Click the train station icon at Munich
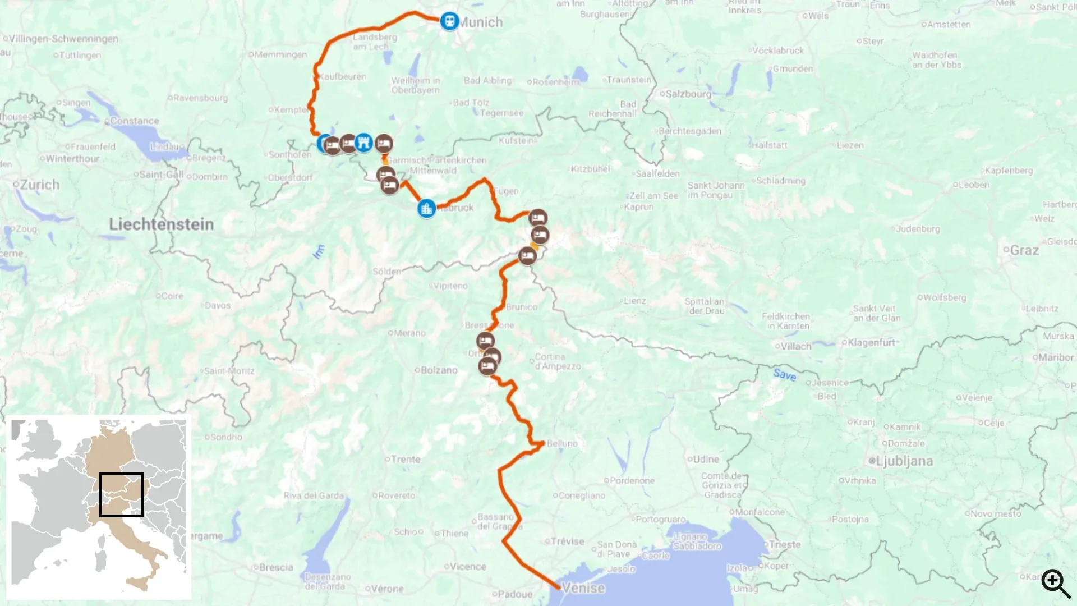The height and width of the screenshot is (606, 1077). click(449, 21)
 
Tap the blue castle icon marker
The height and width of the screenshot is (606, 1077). click(364, 143)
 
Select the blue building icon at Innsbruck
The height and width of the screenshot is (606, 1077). click(427, 209)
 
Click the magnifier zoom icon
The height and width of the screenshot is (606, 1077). click(1055, 583)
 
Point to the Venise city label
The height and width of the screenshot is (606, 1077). click(583, 588)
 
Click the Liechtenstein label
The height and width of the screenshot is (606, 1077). click(162, 224)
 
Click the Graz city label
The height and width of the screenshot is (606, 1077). click(1024, 250)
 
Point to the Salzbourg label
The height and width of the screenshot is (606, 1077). click(688, 94)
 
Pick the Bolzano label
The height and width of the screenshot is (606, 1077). click(439, 370)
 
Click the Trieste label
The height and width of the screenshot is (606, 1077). click(785, 544)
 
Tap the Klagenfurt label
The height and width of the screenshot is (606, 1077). click(871, 342)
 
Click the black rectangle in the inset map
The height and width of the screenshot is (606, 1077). click(121, 494)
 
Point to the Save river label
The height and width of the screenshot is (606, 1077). click(784, 374)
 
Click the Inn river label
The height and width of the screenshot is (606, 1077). click(319, 251)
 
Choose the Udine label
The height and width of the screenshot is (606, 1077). click(706, 459)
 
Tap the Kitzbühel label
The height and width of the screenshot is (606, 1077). click(591, 169)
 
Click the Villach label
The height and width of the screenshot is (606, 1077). click(796, 346)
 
